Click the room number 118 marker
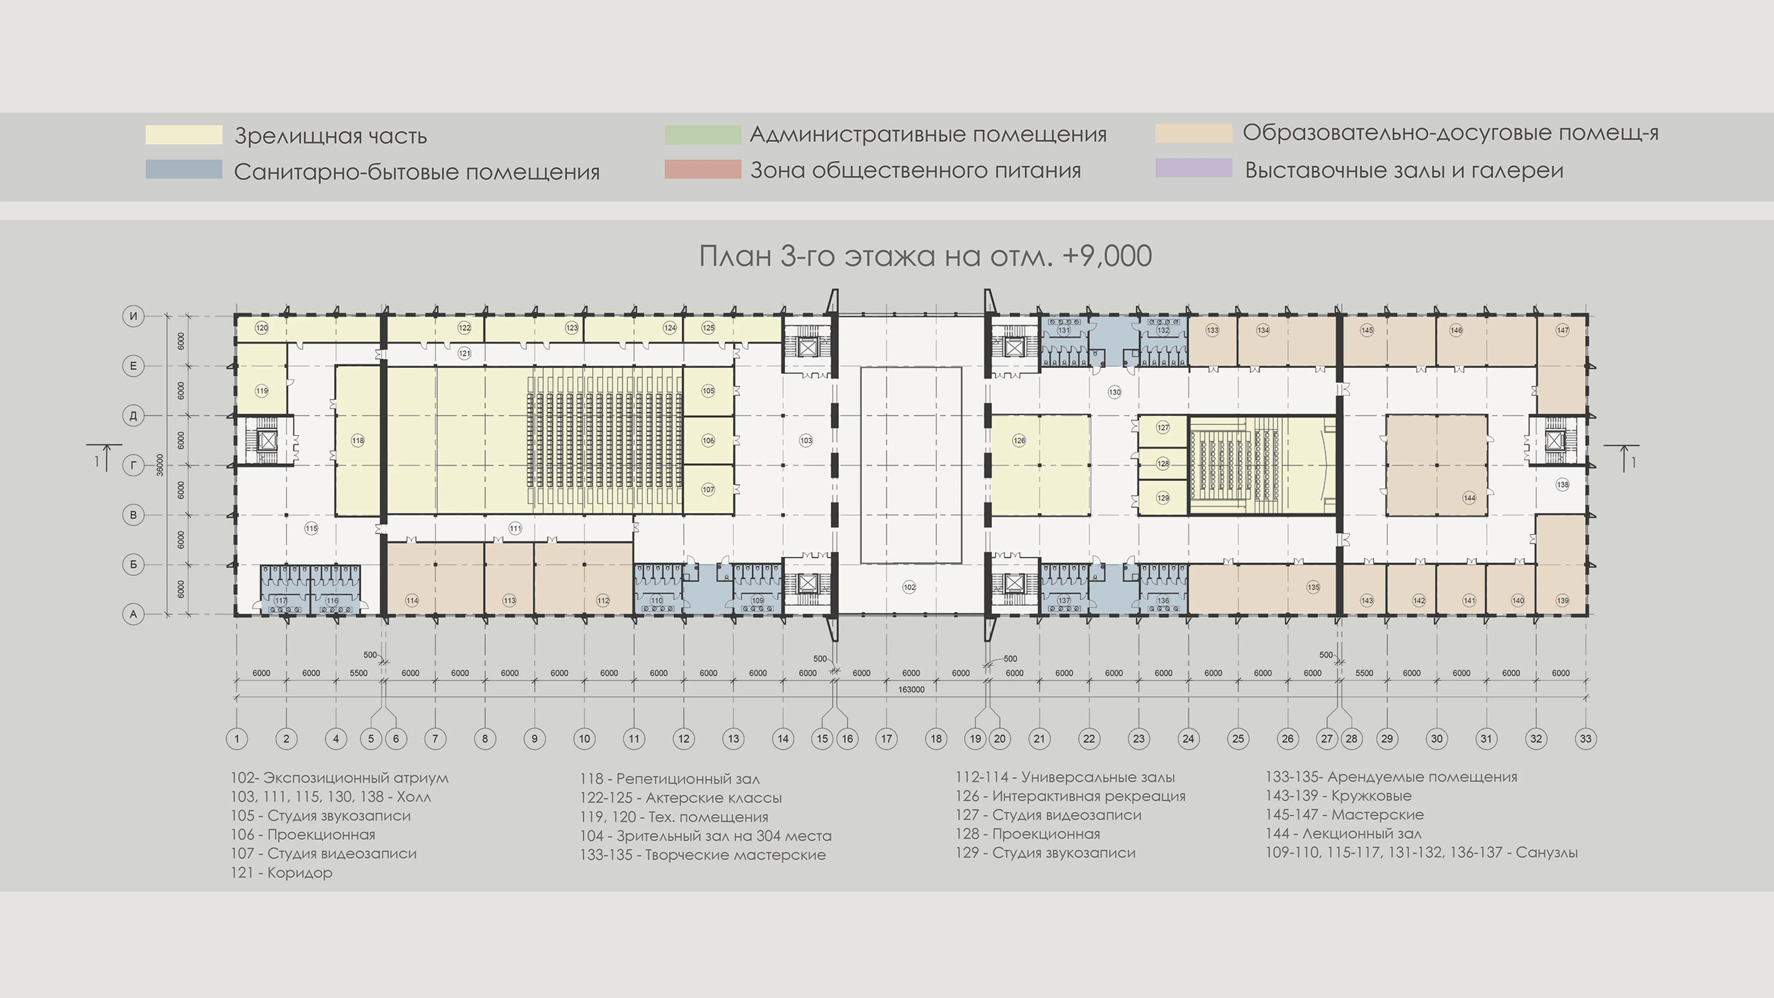pyautogui.click(x=358, y=441)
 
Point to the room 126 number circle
pyautogui.click(x=1019, y=441)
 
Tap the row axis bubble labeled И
pyautogui.click(x=133, y=316)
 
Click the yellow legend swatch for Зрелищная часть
pyautogui.click(x=184, y=135)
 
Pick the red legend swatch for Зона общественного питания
pyautogui.click(x=702, y=170)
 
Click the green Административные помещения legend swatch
pyautogui.click(x=702, y=134)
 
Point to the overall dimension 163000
pyautogui.click(x=911, y=689)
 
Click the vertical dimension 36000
pyautogui.click(x=160, y=465)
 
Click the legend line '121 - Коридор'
pyautogui.click(x=281, y=873)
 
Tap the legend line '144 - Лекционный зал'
pyautogui.click(x=1343, y=834)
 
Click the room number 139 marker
pyautogui.click(x=1562, y=601)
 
